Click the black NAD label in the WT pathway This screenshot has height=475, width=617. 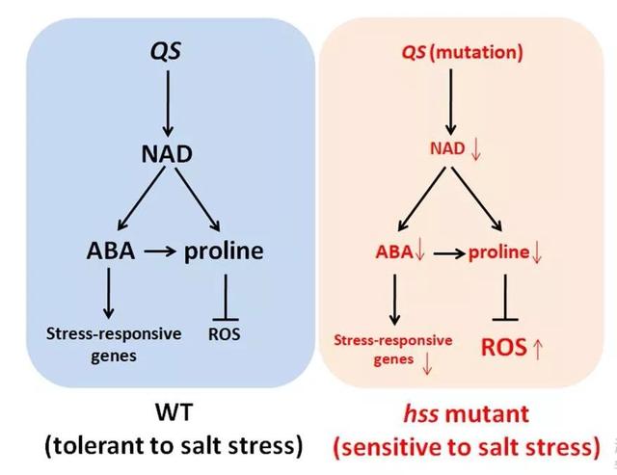[168, 154]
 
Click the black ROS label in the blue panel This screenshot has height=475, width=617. [224, 334]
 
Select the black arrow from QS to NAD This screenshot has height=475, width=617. [168, 101]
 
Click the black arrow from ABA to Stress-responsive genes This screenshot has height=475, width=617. [108, 294]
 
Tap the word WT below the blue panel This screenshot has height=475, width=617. [174, 415]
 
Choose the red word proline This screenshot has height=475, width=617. [498, 252]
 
